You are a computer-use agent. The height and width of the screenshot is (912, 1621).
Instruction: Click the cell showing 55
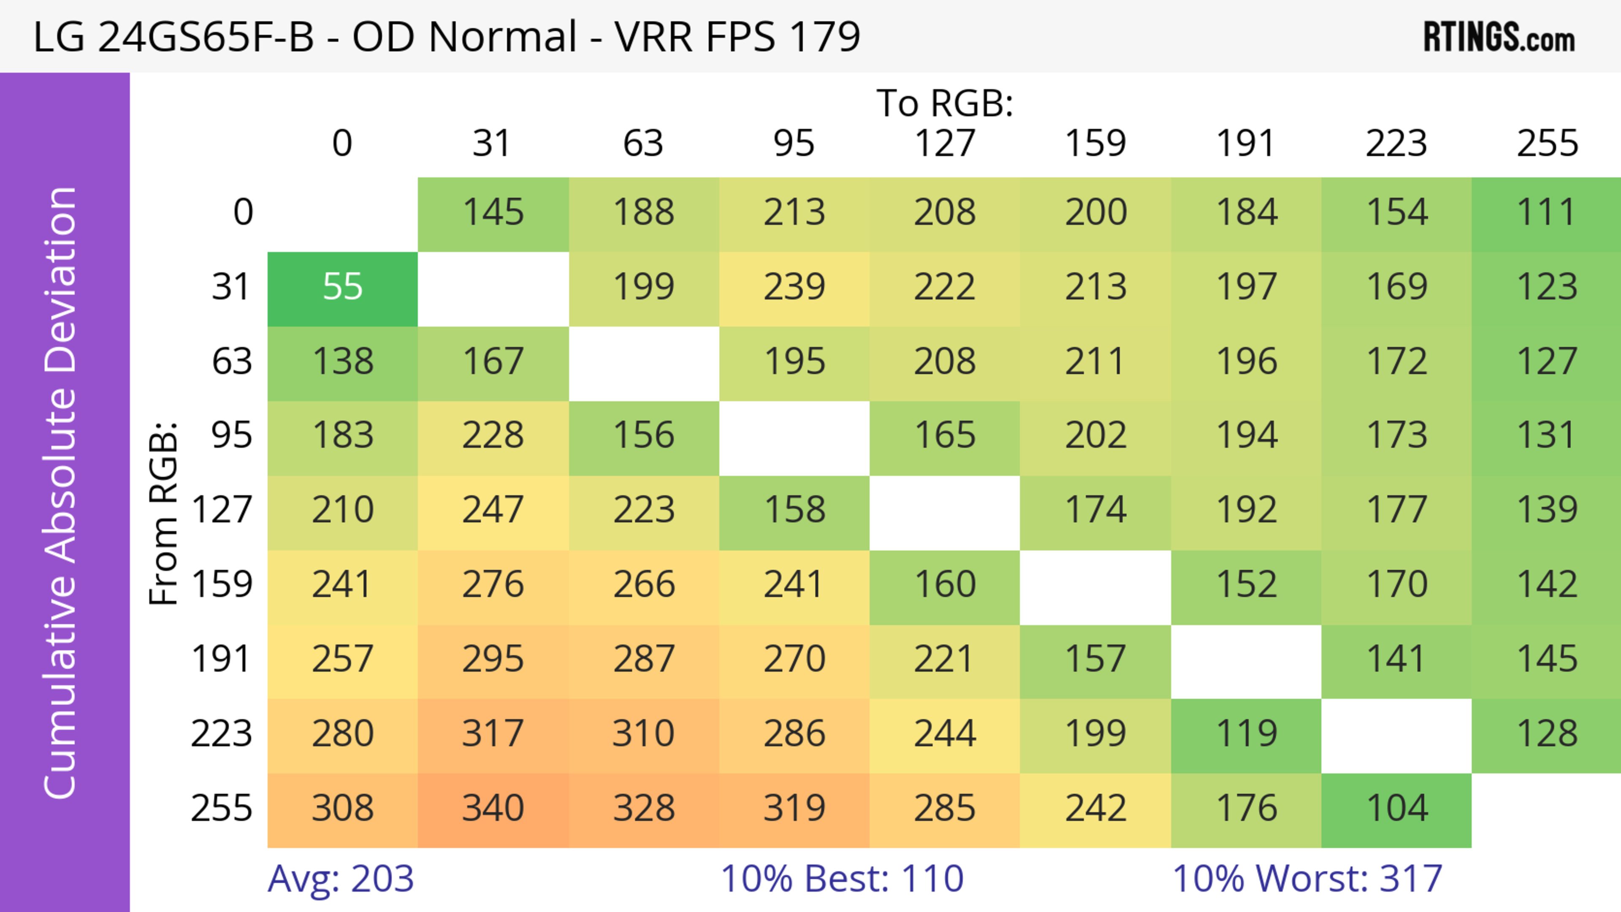342,287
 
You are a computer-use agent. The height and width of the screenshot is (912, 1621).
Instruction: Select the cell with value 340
493,808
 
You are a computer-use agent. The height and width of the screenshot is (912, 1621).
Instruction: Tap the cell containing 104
1396,808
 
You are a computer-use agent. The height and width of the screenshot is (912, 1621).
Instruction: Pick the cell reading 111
1547,213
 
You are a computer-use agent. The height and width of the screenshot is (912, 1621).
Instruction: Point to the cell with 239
794,287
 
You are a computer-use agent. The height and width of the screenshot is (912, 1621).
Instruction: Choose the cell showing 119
1246,734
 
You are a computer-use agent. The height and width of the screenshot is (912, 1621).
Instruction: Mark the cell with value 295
493,660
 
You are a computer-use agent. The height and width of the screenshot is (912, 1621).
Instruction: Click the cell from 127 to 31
493,510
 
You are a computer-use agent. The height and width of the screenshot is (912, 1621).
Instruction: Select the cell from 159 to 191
1246,585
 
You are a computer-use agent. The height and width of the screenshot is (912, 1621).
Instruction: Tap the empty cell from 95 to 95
794,436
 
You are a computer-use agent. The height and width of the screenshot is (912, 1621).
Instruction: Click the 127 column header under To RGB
945,143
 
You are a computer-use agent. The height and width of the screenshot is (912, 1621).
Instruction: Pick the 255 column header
1547,143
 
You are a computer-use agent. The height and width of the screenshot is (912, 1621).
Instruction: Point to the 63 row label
232,362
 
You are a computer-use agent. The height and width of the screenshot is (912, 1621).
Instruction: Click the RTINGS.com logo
1499,38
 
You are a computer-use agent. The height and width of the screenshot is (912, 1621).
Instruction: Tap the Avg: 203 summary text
340,879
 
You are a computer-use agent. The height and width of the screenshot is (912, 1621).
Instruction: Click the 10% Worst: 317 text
1307,879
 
